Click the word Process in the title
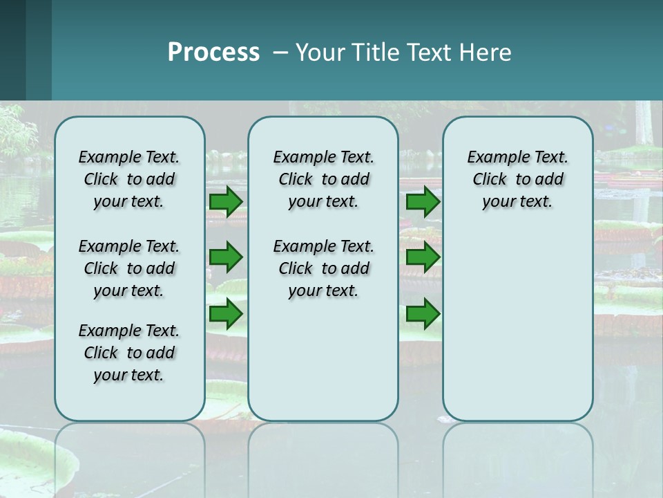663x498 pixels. pos(213,53)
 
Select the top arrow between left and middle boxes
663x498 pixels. pos(225,201)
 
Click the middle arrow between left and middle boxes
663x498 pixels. pos(225,257)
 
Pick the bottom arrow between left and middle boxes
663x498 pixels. pos(225,314)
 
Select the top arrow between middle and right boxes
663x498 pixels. pos(423,201)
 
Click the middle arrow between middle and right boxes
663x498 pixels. pos(423,257)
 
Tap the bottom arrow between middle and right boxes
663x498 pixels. pos(423,314)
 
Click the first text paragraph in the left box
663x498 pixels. pos(129,179)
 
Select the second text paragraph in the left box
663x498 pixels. pos(129,268)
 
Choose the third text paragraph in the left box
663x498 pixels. pos(129,353)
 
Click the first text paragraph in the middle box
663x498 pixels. pos(323,179)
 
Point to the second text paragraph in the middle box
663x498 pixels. pos(323,268)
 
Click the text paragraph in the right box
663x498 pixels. pos(517,179)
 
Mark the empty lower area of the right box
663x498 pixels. pos(517,325)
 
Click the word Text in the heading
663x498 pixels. pos(425,53)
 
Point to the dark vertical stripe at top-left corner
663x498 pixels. pos(12,50)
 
